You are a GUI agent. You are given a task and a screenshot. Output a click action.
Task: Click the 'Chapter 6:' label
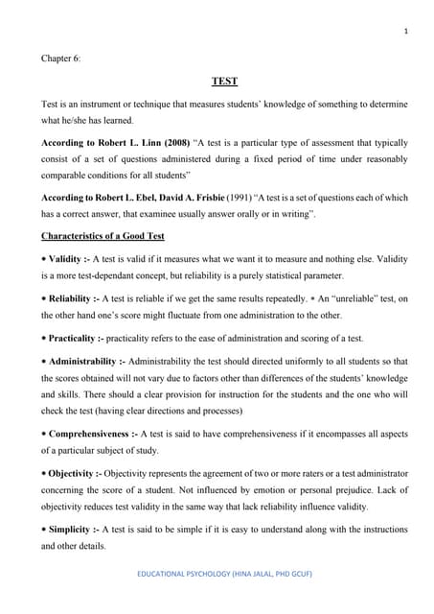[x=61, y=58]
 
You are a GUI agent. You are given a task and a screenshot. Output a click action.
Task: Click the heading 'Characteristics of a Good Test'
[x=103, y=235]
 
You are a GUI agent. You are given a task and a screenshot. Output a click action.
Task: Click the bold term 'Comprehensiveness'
[x=91, y=435]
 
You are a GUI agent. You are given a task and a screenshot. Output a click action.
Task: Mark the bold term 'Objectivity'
[x=76, y=474]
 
